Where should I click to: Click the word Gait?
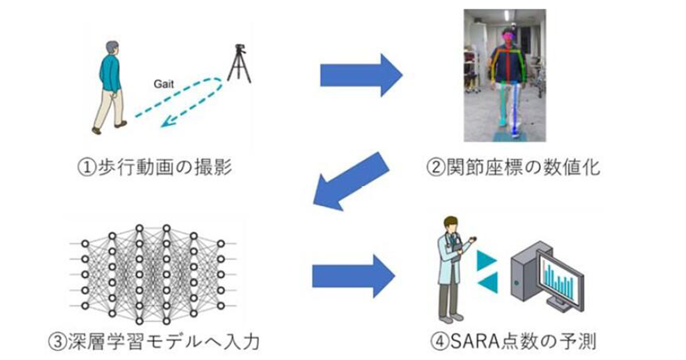163,84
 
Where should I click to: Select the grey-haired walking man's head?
113,49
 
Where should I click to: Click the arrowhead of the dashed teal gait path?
167,123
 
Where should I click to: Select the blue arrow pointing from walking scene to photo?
361,75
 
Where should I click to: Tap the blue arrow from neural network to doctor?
353,276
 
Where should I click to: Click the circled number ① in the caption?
87,168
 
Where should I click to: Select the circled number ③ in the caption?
58,342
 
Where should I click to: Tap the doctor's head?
451,225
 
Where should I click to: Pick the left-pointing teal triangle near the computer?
488,283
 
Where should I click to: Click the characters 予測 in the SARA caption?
578,341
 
